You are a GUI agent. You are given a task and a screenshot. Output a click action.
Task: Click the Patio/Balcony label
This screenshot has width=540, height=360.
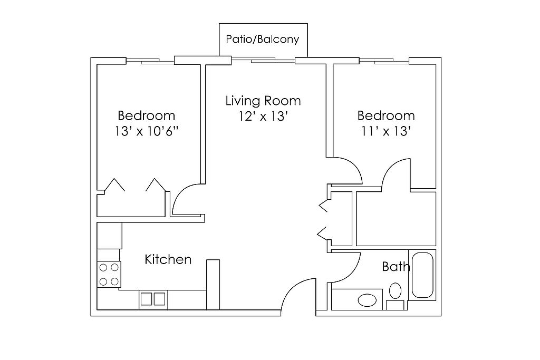(263, 39)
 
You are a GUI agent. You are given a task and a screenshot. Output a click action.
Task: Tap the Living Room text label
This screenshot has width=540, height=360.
(263, 101)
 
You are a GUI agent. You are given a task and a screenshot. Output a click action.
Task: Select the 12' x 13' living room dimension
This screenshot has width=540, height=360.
(263, 116)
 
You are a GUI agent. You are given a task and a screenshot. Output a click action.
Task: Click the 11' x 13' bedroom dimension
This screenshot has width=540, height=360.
(385, 131)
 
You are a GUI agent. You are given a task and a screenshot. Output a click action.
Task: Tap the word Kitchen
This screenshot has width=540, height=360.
(168, 259)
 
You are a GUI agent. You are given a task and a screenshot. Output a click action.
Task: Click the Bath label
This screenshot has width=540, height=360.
(396, 266)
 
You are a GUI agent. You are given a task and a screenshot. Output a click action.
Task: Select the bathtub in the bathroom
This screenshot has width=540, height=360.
(422, 275)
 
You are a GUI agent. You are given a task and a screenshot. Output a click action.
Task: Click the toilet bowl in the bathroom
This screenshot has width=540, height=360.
(396, 291)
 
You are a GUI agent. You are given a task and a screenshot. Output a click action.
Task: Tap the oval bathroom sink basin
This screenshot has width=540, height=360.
(367, 300)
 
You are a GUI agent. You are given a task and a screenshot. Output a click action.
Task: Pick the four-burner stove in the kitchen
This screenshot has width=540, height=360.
(109, 274)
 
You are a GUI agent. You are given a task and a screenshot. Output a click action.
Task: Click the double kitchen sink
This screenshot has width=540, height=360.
(152, 299)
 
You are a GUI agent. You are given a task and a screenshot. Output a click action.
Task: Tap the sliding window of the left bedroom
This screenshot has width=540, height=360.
(150, 61)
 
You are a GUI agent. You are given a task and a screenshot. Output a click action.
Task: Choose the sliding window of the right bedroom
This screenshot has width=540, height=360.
(384, 61)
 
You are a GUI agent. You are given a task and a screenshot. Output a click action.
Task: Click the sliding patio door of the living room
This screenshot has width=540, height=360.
(263, 60)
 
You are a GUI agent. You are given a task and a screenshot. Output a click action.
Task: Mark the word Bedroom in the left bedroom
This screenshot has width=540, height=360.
(147, 115)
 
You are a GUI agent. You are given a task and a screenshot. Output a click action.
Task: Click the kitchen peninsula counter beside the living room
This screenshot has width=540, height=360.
(213, 284)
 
